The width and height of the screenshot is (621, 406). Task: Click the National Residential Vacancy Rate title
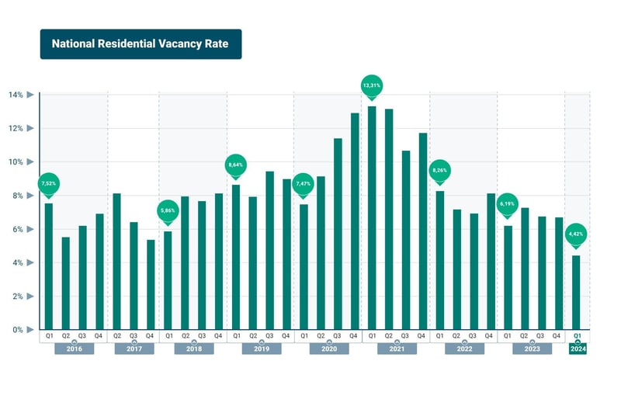(141, 44)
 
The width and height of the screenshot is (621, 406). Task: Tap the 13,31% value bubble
(372, 85)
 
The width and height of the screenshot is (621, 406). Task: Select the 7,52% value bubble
(48, 184)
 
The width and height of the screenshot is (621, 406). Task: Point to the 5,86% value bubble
(167, 210)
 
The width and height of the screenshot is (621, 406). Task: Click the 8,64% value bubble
(235, 165)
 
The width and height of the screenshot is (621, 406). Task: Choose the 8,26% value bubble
(439, 171)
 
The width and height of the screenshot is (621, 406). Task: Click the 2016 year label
(74, 349)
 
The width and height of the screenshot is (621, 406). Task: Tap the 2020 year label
(328, 349)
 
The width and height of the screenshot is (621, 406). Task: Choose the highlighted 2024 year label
(578, 349)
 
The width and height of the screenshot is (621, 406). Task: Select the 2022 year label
(464, 349)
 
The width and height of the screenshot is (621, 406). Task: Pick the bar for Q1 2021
(372, 218)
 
